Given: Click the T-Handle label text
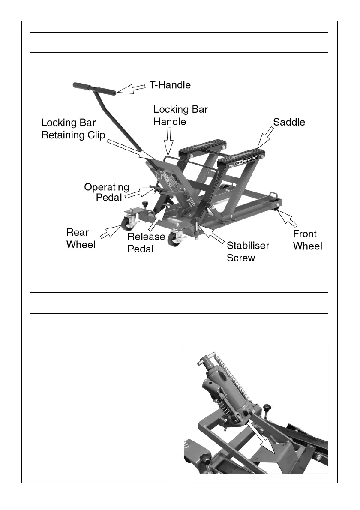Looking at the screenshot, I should (x=170, y=85).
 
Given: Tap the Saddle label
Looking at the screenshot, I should (x=289, y=122).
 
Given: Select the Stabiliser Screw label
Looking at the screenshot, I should (x=248, y=252).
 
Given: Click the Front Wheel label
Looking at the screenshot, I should (x=307, y=240).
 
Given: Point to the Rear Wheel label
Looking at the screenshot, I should (x=81, y=238).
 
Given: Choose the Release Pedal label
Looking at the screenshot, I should (x=146, y=243).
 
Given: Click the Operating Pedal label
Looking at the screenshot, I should (x=107, y=192).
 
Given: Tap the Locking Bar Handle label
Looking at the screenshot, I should (x=180, y=115).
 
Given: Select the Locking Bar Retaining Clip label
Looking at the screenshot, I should (x=73, y=129).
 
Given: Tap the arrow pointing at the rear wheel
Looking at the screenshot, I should (x=110, y=231).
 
